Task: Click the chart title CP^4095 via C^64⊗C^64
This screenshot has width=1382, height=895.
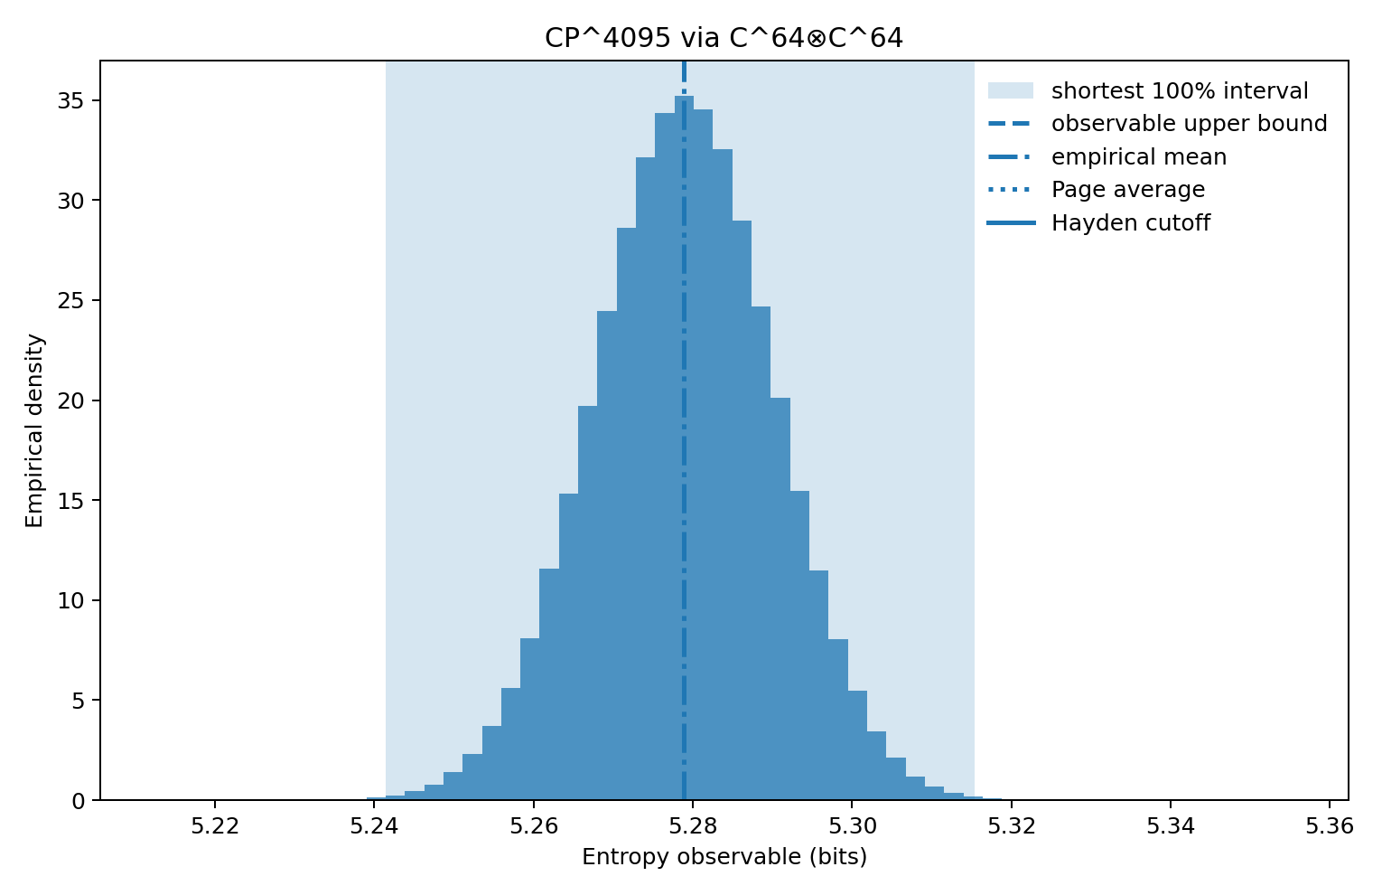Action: click(x=724, y=38)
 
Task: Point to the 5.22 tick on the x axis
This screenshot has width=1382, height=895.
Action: click(x=215, y=826)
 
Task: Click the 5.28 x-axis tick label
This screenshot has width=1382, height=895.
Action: click(x=693, y=826)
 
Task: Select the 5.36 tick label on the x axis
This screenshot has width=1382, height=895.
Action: click(x=1330, y=826)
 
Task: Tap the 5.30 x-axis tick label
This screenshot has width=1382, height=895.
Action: click(x=852, y=826)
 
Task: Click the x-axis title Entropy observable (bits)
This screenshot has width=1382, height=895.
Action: click(x=724, y=857)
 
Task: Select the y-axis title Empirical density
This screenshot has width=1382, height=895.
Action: click(x=34, y=430)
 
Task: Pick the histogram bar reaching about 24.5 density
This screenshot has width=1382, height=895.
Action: click(x=607, y=556)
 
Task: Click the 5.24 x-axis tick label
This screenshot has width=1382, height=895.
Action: click(x=374, y=826)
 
